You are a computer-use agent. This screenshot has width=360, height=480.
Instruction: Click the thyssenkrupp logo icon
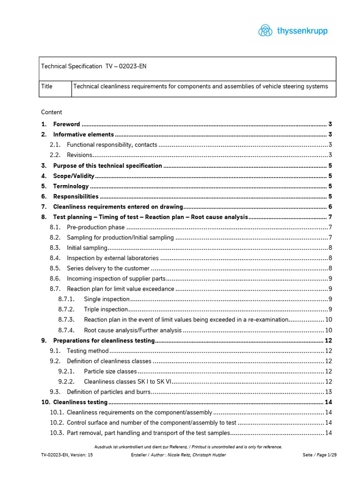click(265, 31)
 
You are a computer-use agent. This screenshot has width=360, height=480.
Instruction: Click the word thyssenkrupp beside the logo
click(302, 31)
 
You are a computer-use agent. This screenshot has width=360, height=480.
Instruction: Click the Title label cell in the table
click(47, 87)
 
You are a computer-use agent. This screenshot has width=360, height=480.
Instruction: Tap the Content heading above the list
click(52, 112)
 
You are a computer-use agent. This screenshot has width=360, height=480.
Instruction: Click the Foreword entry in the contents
click(67, 124)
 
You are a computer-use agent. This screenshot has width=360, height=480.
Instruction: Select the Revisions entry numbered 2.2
click(79, 155)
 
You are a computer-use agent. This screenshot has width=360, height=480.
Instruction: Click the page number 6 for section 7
click(330, 207)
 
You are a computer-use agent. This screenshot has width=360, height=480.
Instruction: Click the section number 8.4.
click(55, 258)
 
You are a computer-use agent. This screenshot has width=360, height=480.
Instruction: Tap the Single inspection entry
click(106, 299)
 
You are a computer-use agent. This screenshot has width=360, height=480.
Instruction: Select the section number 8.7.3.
click(67, 320)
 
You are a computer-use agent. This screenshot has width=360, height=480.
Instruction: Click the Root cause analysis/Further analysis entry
click(132, 330)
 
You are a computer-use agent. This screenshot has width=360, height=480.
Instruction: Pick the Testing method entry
click(88, 351)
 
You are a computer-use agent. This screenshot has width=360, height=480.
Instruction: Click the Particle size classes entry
click(110, 371)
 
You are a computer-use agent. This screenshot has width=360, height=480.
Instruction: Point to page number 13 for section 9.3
click(328, 392)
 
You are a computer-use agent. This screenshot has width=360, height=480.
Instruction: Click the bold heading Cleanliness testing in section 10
click(80, 402)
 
